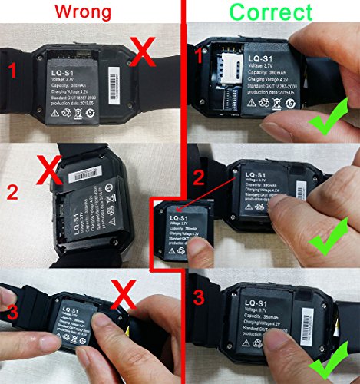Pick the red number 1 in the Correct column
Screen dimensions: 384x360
pyautogui.click(x=200, y=55)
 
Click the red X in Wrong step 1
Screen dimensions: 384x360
pyautogui.click(x=143, y=55)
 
